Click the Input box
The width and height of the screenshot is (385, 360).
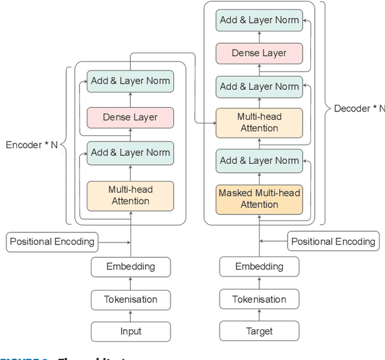pyautogui.click(x=131, y=331)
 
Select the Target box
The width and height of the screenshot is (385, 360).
pyautogui.click(x=259, y=331)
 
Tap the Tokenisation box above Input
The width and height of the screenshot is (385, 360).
pyautogui.click(x=131, y=299)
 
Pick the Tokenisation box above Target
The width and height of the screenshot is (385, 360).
pyautogui.click(x=259, y=299)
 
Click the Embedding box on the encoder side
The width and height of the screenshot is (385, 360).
pyautogui.click(x=131, y=266)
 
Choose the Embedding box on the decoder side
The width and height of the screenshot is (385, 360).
pyautogui.click(x=259, y=266)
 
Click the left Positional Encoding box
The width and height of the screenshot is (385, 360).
pyautogui.click(x=52, y=241)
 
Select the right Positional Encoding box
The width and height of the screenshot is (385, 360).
pyautogui.click(x=333, y=241)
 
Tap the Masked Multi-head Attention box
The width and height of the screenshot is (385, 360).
pyautogui.click(x=259, y=199)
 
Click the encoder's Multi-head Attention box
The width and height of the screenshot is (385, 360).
pyautogui.click(x=131, y=196)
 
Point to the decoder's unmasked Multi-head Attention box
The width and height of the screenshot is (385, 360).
pyautogui.click(x=259, y=122)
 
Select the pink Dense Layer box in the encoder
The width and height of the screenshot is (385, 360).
pyautogui.click(x=131, y=117)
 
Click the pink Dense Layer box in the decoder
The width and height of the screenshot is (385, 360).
pyautogui.click(x=259, y=53)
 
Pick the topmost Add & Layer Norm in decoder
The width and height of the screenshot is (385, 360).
pyautogui.click(x=259, y=20)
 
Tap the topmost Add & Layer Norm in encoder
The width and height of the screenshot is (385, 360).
pyautogui.click(x=131, y=81)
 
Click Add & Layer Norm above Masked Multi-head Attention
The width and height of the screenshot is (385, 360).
pyautogui.click(x=259, y=161)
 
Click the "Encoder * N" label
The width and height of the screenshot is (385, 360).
pyautogui.click(x=31, y=145)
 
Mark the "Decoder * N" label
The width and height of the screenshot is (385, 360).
pyautogui.click(x=359, y=108)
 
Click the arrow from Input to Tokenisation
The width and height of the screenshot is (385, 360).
pyautogui.click(x=131, y=315)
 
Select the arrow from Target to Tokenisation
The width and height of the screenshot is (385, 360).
pyautogui.click(x=259, y=315)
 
